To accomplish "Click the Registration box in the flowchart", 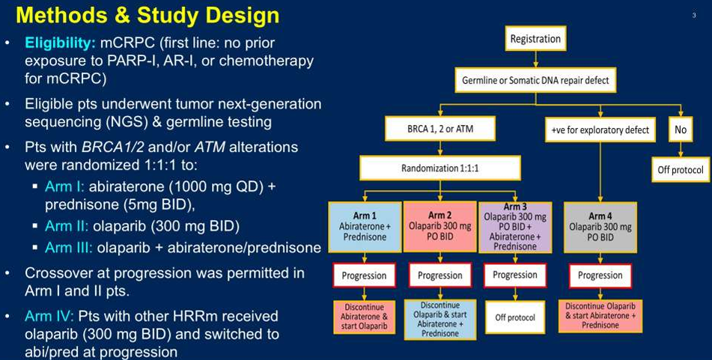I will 535,39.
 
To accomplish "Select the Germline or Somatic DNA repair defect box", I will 534,80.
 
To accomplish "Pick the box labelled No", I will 680,129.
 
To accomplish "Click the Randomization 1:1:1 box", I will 439,168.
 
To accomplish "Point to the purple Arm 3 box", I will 514,225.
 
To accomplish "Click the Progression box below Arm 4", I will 600,275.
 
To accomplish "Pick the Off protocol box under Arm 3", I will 514,317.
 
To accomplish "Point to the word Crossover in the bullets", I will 59,273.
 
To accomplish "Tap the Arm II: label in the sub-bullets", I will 66,225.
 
